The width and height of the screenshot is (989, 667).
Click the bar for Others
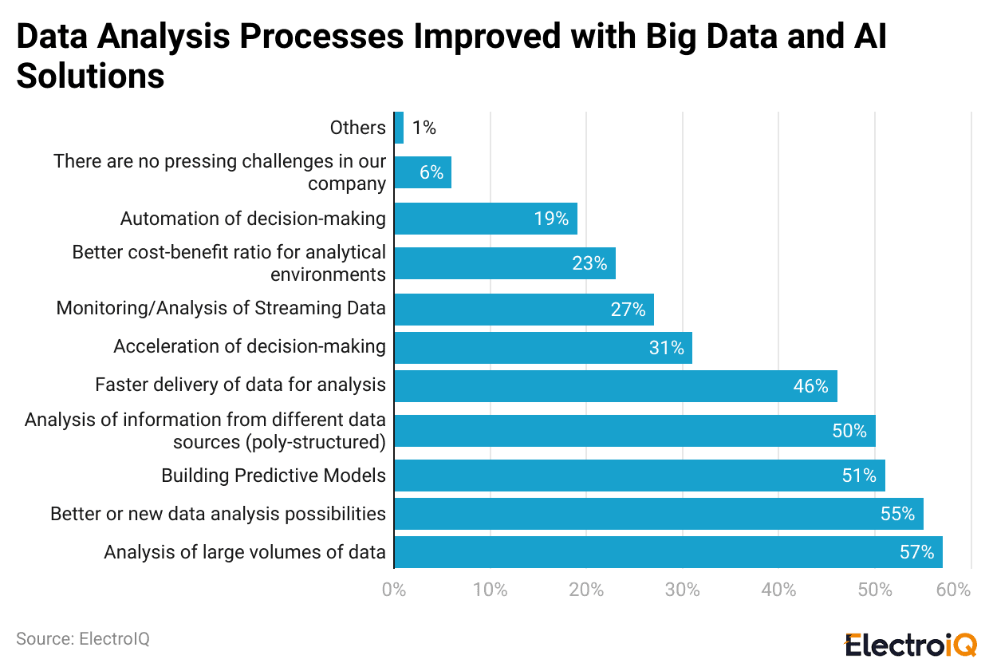pos(399,128)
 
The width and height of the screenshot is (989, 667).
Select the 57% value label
pos(916,552)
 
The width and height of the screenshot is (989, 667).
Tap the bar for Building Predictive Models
pos(638,476)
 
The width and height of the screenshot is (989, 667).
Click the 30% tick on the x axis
pos(683,590)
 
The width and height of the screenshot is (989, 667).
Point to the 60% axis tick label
pos(954,590)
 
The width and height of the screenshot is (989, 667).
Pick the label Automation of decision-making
pos(253,219)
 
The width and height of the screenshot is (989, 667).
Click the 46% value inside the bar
pos(810,386)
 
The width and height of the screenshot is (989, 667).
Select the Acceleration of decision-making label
pos(250,346)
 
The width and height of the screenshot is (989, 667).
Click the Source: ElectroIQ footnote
pos(83,639)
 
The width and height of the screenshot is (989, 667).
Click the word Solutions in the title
pos(90,77)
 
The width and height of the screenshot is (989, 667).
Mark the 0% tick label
pos(394,590)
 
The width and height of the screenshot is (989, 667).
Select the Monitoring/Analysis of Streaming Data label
pos(221,308)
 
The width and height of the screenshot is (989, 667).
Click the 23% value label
pos(589,263)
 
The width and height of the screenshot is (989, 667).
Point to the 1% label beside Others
pos(424,128)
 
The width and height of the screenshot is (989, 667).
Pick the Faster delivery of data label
pos(240,385)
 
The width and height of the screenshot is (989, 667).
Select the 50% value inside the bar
pos(849,431)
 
